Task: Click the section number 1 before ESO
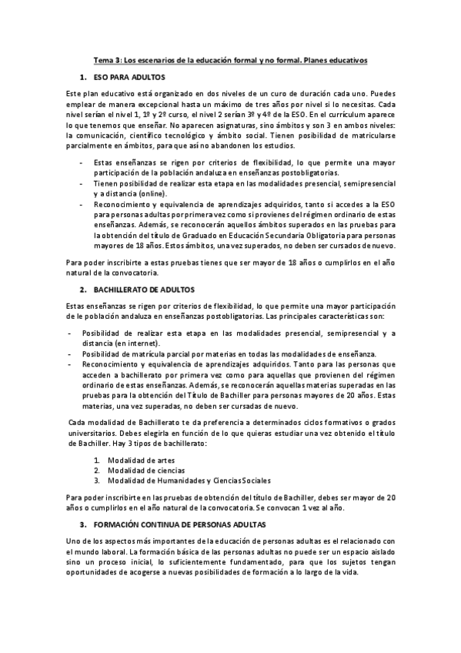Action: pos(82,79)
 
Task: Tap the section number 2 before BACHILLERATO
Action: pos(82,289)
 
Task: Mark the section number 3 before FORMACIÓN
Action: pos(82,524)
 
